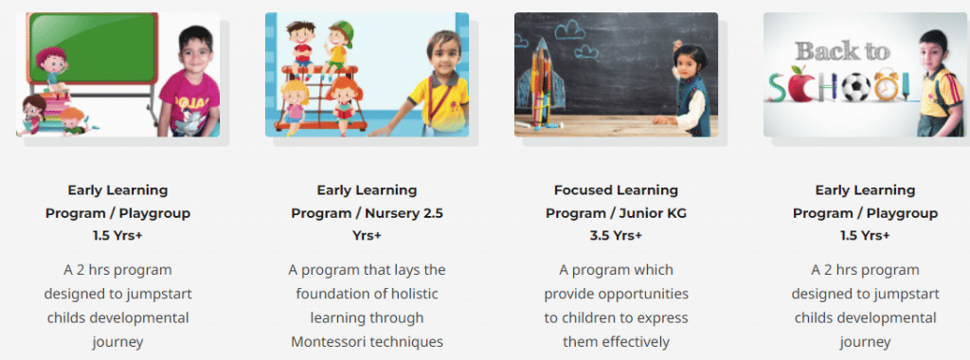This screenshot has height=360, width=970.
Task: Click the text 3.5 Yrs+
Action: tap(616, 236)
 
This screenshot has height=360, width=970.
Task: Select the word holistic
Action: tap(416, 294)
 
